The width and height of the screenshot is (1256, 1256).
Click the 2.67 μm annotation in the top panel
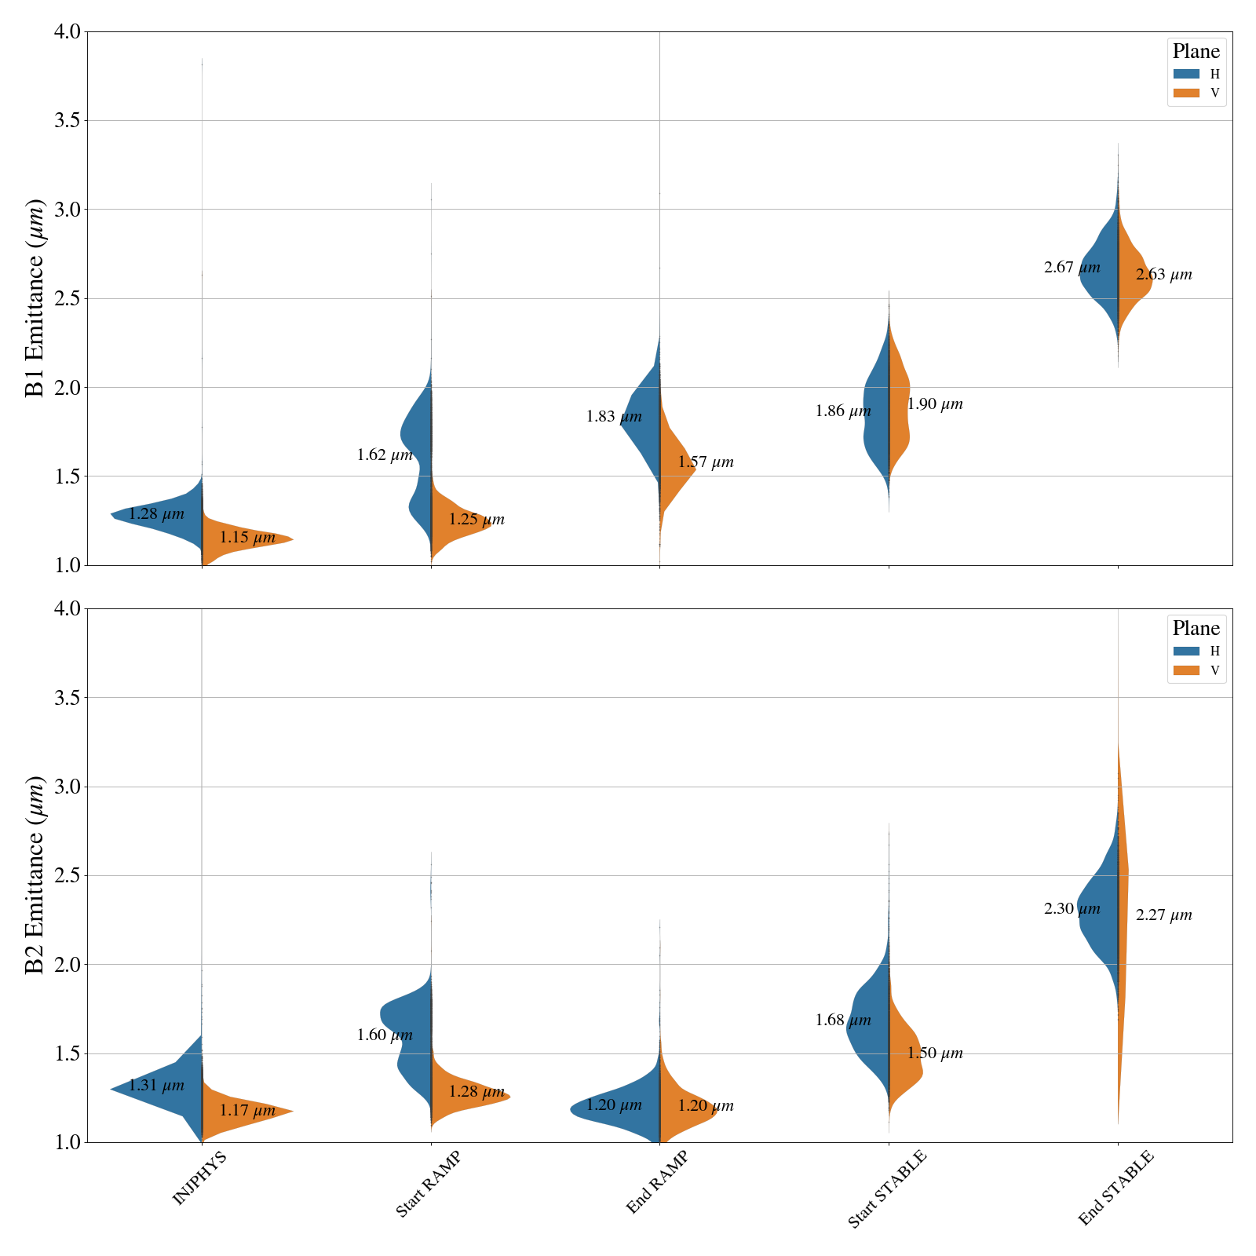point(1072,268)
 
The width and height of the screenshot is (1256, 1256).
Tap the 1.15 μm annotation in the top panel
point(247,538)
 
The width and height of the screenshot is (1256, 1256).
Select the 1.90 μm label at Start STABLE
point(935,404)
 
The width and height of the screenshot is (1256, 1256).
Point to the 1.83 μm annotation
point(614,417)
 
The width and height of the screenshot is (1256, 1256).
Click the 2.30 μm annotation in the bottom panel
point(1072,909)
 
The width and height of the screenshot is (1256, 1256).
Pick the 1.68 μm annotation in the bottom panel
point(843,1020)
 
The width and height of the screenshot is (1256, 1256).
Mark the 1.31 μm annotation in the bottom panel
point(156,1086)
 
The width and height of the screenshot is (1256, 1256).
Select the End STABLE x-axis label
point(1115,1188)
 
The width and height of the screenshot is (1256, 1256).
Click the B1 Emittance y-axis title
point(35,298)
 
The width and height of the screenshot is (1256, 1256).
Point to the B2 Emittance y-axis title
point(35,875)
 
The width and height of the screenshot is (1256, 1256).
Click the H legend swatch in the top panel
point(1186,74)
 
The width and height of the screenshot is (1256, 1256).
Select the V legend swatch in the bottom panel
point(1186,670)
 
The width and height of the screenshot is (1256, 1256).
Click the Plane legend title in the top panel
point(1196,52)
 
